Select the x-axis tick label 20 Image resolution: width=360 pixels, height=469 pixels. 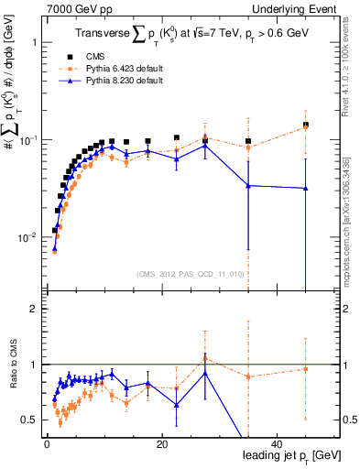[x=161, y=445]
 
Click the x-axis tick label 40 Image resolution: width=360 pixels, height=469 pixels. [x=278, y=445]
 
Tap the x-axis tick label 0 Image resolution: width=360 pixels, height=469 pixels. [x=46, y=445]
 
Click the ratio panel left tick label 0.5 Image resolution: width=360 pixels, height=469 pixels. [x=28, y=420]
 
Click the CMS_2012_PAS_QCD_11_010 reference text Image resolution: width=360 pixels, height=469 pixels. [x=177, y=274]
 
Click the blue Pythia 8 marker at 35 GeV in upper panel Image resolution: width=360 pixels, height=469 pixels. [x=248, y=186]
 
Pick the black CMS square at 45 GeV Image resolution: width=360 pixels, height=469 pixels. [x=306, y=125]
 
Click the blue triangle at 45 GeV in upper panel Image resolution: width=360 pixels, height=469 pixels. [x=306, y=189]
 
